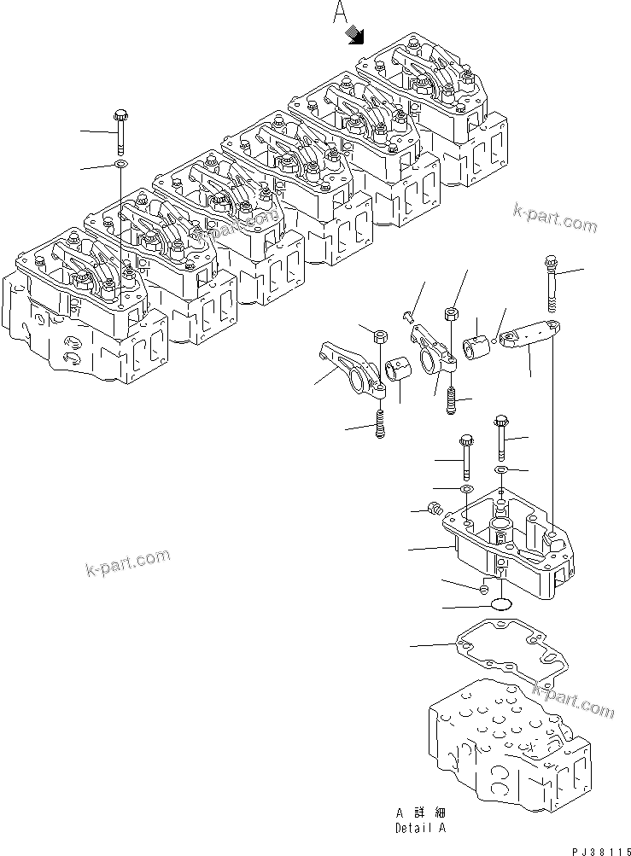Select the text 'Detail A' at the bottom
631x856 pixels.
[x=419, y=827]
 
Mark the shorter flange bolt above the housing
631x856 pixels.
[x=466, y=457]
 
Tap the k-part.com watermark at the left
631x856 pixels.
[x=127, y=563]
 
